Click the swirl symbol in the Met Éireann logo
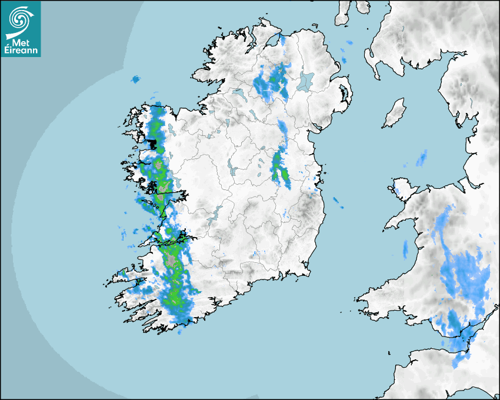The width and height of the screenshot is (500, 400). pos(20,19)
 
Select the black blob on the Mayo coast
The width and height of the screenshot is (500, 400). pos(152,143)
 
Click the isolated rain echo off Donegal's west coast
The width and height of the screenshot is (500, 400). pos(136,79)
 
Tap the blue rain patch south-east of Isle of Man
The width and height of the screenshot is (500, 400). pos(422,158)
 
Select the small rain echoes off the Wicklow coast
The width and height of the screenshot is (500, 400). pos(339,204)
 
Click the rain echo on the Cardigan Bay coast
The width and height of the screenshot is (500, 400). pos(405,249)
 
